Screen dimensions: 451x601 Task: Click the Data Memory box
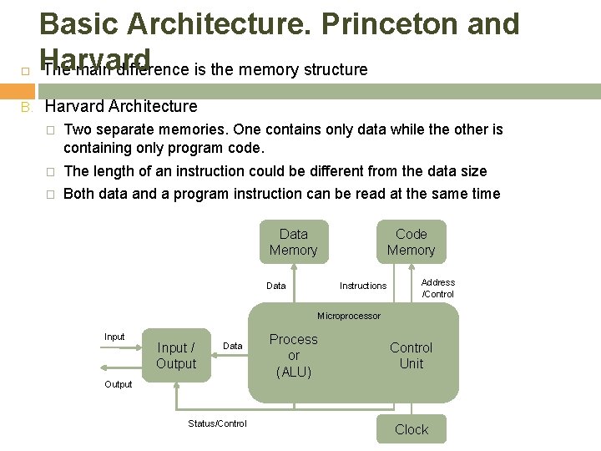click(293, 242)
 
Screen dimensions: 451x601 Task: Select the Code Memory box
click(411, 242)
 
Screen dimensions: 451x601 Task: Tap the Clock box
click(411, 429)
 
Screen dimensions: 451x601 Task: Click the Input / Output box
click(176, 356)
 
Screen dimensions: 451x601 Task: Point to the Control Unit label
click(411, 356)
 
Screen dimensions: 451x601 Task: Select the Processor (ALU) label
click(294, 356)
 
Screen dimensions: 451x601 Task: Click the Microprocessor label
click(349, 316)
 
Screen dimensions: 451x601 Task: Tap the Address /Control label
click(438, 288)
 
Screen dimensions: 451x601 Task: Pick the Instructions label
click(363, 286)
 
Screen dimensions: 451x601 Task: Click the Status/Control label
click(217, 423)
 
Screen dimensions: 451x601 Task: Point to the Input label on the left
click(114, 337)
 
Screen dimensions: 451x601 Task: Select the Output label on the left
click(118, 384)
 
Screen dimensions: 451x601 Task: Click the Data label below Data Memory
click(275, 286)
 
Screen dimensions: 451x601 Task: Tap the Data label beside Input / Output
click(233, 346)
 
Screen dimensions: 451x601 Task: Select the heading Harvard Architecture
click(121, 106)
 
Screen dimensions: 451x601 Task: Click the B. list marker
click(27, 106)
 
